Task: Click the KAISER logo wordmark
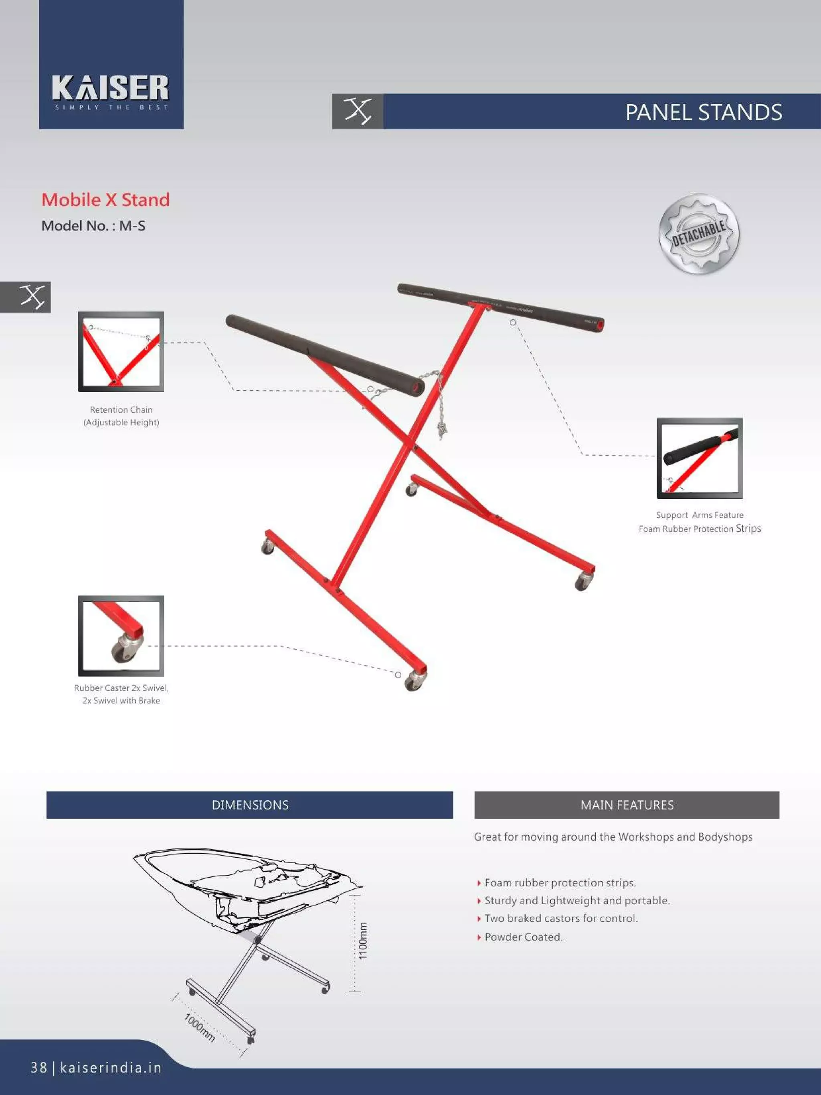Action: (x=110, y=88)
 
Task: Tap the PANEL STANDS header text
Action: (x=704, y=112)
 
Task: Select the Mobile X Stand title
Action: (x=105, y=200)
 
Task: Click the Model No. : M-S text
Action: (x=93, y=226)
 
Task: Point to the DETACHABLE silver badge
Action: (x=699, y=234)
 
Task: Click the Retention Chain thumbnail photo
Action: (x=121, y=352)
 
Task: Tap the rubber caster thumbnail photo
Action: (x=121, y=636)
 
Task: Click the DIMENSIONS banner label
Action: (x=250, y=805)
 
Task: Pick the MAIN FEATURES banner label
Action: (x=627, y=805)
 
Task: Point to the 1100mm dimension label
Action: (x=363, y=941)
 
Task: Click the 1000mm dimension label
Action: (x=199, y=1027)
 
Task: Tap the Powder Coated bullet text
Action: (x=524, y=937)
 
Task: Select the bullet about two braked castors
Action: (x=561, y=918)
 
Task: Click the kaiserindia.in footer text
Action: (x=111, y=1067)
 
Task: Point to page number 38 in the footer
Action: (x=38, y=1068)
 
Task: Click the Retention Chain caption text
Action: (x=121, y=416)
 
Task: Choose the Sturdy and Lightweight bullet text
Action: (x=577, y=901)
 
